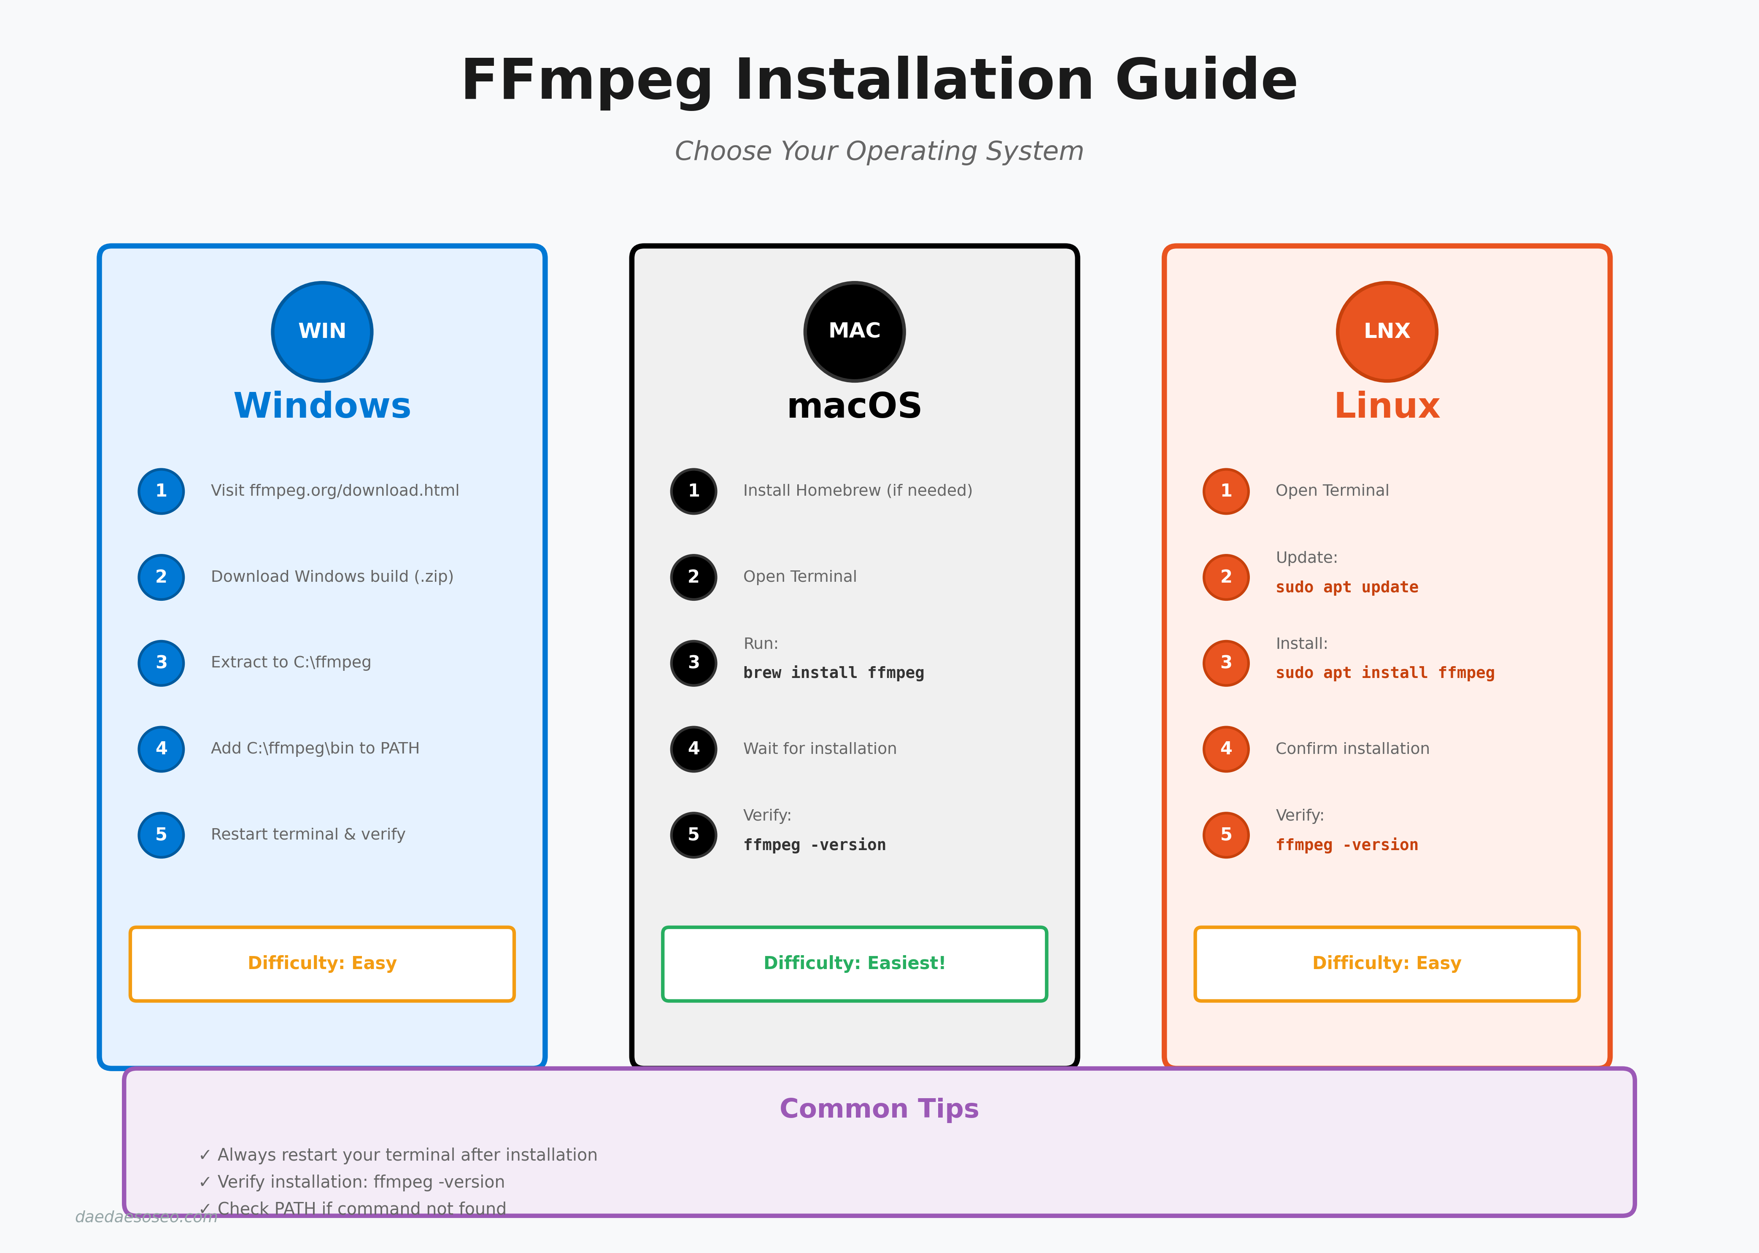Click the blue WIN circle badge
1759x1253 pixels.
tap(322, 332)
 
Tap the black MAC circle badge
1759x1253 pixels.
tap(854, 332)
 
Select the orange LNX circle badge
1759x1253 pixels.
tap(1387, 332)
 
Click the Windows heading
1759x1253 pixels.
tap(322, 406)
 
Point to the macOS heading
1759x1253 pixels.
tap(854, 406)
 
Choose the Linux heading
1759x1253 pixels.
tap(1387, 406)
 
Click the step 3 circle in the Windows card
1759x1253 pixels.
tap(161, 663)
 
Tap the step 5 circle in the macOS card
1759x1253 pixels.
tap(693, 835)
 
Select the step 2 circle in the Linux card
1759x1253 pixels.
tap(1226, 577)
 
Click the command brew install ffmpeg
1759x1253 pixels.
tap(833, 673)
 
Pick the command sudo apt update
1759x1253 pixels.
tap(1346, 587)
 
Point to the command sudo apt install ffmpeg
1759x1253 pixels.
tap(1385, 673)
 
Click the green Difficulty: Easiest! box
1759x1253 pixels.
tap(854, 964)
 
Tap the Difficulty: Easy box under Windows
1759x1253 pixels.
tap(322, 964)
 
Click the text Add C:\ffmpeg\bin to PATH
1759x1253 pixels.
tap(315, 748)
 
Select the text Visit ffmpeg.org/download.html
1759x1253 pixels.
tap(335, 491)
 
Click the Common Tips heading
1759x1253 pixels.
tap(879, 1109)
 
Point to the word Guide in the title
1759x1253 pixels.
tap(1206, 80)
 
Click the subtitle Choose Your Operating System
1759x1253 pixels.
tap(879, 151)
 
